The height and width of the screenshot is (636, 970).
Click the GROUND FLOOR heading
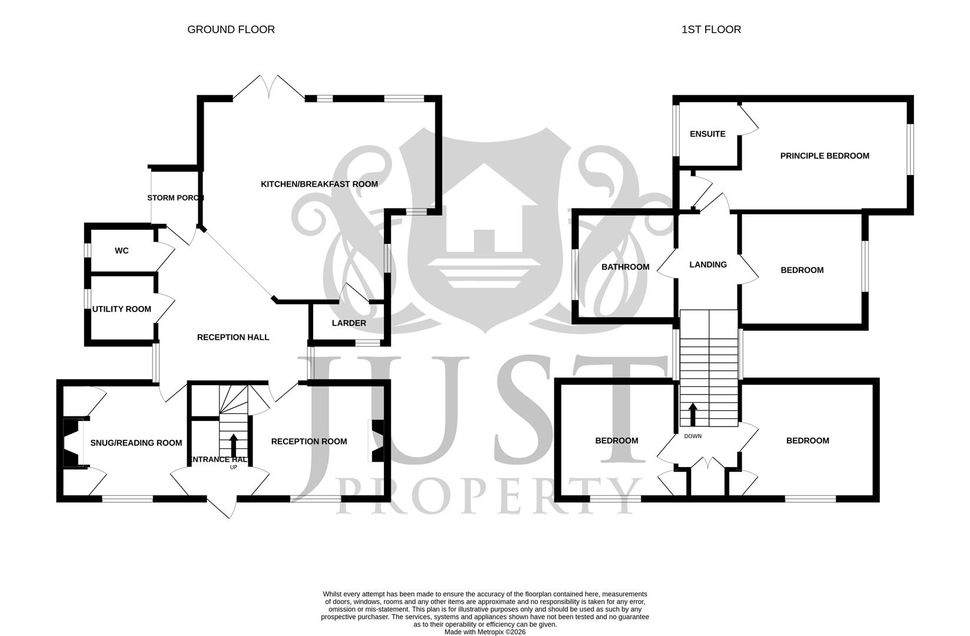pyautogui.click(x=231, y=29)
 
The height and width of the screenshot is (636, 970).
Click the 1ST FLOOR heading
pyautogui.click(x=711, y=29)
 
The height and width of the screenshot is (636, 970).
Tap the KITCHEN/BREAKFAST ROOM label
pyautogui.click(x=319, y=184)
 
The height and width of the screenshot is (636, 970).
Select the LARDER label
pyautogui.click(x=348, y=323)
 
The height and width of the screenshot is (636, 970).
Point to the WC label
pyautogui.click(x=121, y=251)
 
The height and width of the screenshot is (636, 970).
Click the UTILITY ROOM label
pyautogui.click(x=122, y=309)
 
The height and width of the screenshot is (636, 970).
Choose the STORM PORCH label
pyautogui.click(x=175, y=198)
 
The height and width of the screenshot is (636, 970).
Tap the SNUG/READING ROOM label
pyautogui.click(x=136, y=443)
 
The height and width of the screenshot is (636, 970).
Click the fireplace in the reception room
pyautogui.click(x=376, y=440)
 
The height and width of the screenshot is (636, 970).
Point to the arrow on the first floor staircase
pyautogui.click(x=693, y=414)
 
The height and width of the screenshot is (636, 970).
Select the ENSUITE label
pyautogui.click(x=707, y=134)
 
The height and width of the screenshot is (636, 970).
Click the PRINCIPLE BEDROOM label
pyautogui.click(x=824, y=156)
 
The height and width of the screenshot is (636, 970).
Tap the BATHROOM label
pyautogui.click(x=625, y=267)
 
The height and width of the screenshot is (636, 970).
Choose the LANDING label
pyautogui.click(x=707, y=265)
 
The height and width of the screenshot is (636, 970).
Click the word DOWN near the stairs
pyautogui.click(x=693, y=436)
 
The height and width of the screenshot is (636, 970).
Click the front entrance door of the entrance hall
pyautogui.click(x=222, y=506)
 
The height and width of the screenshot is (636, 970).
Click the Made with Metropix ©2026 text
pyautogui.click(x=484, y=632)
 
